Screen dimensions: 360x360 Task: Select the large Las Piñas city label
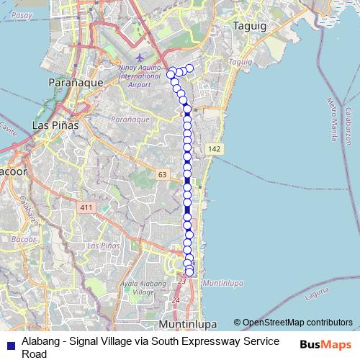pyautogui.click(x=55, y=125)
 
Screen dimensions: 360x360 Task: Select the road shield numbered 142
pyautogui.click(x=213, y=148)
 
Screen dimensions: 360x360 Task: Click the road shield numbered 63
pyautogui.click(x=162, y=174)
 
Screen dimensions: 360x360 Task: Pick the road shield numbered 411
pyautogui.click(x=87, y=208)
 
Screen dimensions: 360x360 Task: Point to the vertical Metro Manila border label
pyautogui.click(x=333, y=115)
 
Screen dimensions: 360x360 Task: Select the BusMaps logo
pyautogui.click(x=326, y=344)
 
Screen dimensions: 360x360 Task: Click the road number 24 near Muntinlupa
pyautogui.click(x=176, y=300)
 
